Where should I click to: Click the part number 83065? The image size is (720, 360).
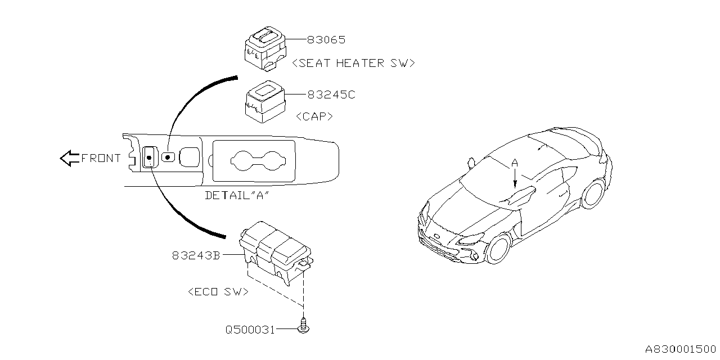coord(326,40)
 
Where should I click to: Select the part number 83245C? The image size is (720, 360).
coord(331,95)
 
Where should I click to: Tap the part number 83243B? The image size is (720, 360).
coord(196,255)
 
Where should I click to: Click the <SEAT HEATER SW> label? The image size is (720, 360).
coord(354,63)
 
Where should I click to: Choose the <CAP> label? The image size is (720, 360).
coord(314,116)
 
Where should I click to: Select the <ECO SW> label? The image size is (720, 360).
coord(218,292)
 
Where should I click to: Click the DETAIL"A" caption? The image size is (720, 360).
coord(237,196)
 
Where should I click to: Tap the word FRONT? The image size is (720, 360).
coord(101,158)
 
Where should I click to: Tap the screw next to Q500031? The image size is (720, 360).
coord(304,327)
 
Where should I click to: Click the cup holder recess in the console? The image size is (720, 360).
coord(254,160)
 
